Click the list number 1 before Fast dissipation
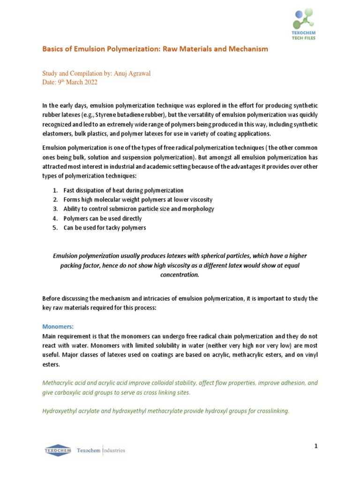pos(55,190)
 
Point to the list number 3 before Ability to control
pos(55,209)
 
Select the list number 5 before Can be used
pos(55,228)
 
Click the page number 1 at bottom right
pos(316,446)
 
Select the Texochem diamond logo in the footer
pos(58,450)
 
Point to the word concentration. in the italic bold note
pos(180,275)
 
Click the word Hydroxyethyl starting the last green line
pos(61,411)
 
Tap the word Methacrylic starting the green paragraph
pos(59,383)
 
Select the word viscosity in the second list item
pos(206,200)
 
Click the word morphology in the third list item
pos(198,209)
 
